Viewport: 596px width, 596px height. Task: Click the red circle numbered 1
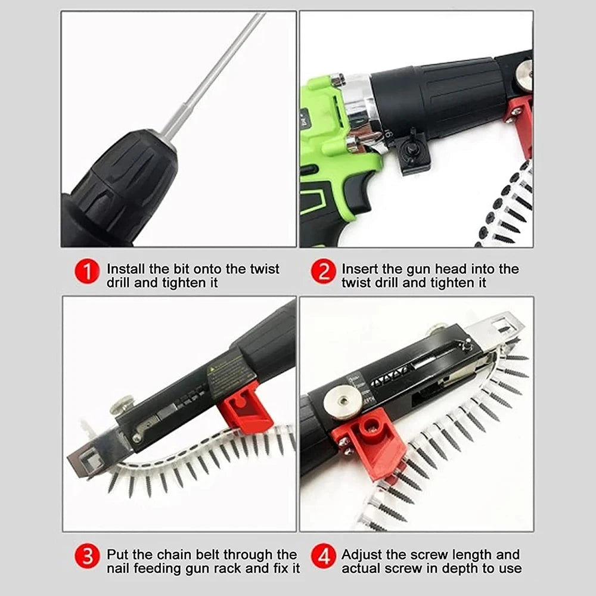click(87, 273)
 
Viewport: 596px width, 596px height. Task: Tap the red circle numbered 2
click(324, 273)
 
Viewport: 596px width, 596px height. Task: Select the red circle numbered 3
click(87, 557)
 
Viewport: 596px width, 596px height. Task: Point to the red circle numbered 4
click(324, 557)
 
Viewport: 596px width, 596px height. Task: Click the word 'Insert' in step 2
click(359, 269)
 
